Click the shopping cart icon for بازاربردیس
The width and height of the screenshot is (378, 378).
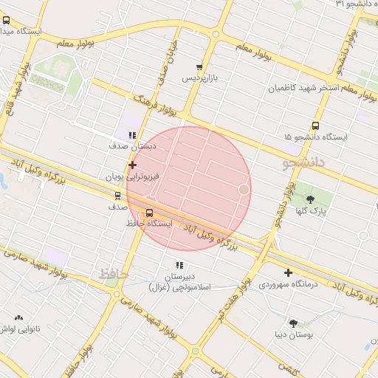[199, 67]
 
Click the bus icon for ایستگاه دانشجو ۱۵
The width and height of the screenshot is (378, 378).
[316, 126]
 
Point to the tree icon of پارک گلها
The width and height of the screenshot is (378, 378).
[309, 199]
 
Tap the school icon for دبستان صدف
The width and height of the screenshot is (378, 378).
[131, 135]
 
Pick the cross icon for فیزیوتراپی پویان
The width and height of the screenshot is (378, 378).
[132, 165]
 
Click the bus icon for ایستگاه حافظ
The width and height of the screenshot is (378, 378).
[150, 213]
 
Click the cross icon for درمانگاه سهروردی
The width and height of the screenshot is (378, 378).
[288, 272]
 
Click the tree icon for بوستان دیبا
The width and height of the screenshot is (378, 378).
[294, 323]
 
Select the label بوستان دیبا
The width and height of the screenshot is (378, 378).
[294, 335]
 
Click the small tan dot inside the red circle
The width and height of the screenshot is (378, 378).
[244, 190]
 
